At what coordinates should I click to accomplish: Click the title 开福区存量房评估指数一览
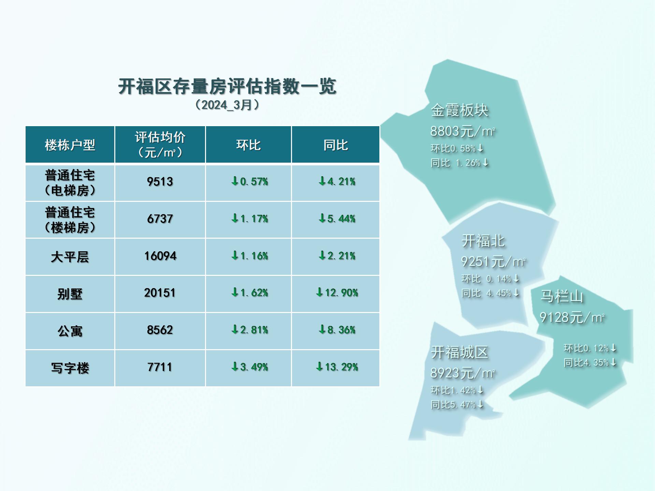coord(227,86)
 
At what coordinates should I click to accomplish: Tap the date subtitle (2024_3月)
coord(227,105)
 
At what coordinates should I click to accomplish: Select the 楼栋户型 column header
coord(70,145)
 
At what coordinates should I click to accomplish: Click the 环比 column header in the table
coord(248,145)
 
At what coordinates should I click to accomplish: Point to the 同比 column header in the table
coord(336,145)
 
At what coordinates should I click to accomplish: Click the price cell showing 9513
coord(160,182)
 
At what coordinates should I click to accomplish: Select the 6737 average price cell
coord(160,219)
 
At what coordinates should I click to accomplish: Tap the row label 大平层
coord(70,257)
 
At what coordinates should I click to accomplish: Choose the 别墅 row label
coord(70,294)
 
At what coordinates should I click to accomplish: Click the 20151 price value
coord(160,293)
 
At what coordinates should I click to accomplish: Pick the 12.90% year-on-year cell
coord(337,293)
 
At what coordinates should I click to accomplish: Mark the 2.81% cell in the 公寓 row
coord(250,330)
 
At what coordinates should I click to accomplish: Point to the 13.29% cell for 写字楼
coord(337,367)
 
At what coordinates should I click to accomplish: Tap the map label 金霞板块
coord(460,110)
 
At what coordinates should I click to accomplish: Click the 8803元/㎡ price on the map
coord(463,131)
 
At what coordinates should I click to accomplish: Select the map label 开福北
coord(483,241)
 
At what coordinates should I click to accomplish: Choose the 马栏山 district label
coord(562,296)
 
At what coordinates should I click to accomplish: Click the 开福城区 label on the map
coord(460,352)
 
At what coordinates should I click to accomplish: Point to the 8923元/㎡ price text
coord(463,373)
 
